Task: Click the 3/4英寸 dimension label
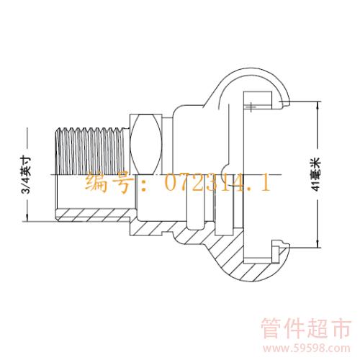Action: pos(26,175)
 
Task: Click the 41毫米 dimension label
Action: pos(316,174)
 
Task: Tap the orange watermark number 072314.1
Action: pos(217,183)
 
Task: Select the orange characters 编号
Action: pos(109,183)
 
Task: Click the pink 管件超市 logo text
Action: pos(306,328)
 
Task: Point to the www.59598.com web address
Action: pos(306,348)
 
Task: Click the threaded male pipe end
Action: pos(90,151)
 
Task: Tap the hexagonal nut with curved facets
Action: pos(146,144)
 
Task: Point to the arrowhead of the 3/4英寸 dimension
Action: pos(27,217)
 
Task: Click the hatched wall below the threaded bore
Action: pos(94,215)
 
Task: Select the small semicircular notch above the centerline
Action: pos(226,168)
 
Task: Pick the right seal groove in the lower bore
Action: pos(224,211)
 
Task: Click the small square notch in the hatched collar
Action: pos(166,233)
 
